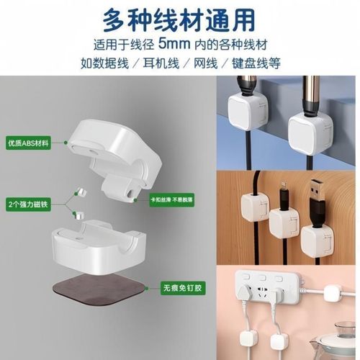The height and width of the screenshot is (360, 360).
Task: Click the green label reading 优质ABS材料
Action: tap(28, 143)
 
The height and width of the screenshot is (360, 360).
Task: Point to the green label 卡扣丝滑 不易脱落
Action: tap(174, 199)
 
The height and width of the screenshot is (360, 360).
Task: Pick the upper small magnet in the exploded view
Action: tap(80, 192)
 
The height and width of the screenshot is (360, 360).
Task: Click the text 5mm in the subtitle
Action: tap(199, 41)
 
